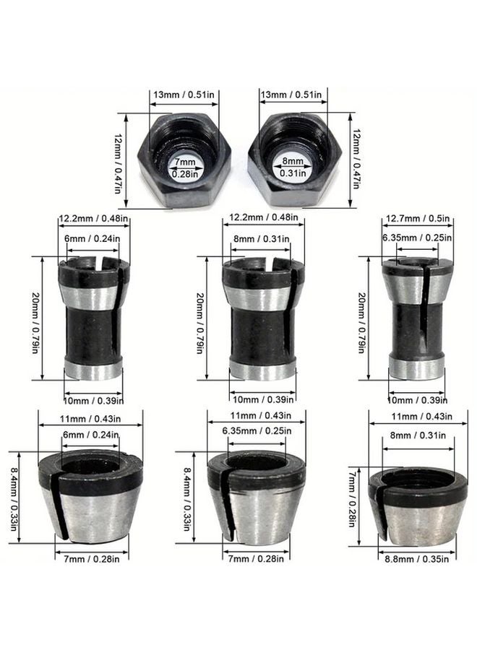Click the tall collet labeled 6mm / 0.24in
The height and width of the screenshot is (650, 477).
pyautogui.click(x=93, y=318)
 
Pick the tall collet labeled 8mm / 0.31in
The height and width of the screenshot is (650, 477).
pyautogui.click(x=258, y=318)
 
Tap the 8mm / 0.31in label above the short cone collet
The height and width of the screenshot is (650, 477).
pyautogui.click(x=417, y=435)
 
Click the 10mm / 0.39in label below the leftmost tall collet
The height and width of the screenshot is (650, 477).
pyautogui.click(x=93, y=399)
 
